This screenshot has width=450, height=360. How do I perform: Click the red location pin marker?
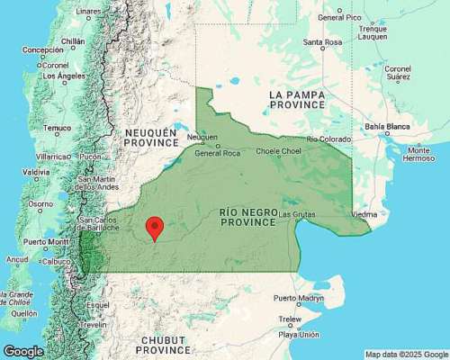point(155,227)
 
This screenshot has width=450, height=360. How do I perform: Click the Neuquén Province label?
point(152,138)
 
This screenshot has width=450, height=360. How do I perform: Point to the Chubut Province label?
point(162,344)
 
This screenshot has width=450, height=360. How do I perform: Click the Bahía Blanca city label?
point(415,127)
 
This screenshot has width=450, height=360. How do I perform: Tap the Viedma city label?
point(364,215)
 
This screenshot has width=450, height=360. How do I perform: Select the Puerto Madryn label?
point(300,297)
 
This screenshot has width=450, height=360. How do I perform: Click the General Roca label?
point(217,153)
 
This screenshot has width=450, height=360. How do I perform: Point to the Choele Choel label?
point(278,151)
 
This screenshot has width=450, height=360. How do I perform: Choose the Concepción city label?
point(42,50)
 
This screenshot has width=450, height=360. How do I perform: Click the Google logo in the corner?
point(23,351)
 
